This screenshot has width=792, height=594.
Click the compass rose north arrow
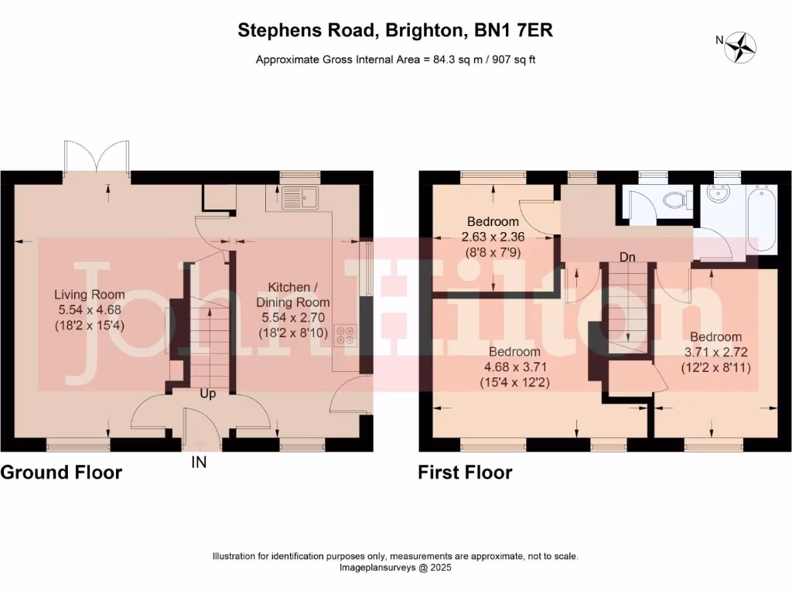pos(740,47)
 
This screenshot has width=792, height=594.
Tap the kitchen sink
pos(300,197)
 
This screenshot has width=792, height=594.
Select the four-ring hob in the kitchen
pos(346,336)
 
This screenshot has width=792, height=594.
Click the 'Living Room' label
pos(90,295)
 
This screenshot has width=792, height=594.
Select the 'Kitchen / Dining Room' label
pos(293,295)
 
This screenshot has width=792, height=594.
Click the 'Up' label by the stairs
pos(207,394)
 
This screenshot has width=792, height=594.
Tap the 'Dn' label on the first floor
pos(627,257)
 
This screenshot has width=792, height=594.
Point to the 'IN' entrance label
pos(199,463)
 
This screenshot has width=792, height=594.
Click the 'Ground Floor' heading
pos(61,473)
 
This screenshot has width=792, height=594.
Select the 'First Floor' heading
pos(465,473)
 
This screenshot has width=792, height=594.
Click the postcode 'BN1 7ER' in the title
pos(514,30)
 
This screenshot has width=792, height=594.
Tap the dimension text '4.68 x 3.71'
pos(515,367)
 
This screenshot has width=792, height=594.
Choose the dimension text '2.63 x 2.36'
pos(493,237)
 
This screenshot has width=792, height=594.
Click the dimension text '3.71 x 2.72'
pos(715,352)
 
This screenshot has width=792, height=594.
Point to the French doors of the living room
pos(97,156)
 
